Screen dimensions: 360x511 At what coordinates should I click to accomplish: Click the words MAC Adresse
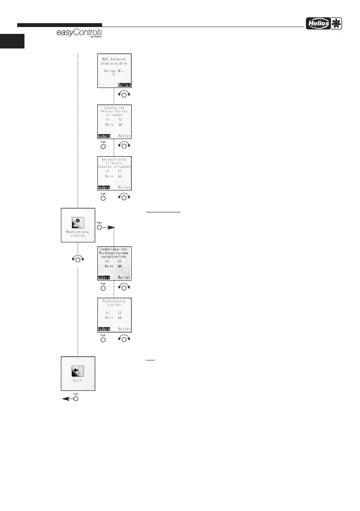click(x=114, y=58)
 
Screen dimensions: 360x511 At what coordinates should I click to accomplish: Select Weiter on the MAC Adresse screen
click(x=124, y=85)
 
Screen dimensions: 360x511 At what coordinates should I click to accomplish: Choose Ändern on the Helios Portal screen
click(x=103, y=136)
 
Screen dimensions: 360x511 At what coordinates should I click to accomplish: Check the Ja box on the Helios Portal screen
click(x=120, y=119)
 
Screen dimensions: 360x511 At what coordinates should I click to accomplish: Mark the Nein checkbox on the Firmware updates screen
click(x=120, y=176)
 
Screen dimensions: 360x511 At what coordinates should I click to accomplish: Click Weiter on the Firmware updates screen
click(x=124, y=187)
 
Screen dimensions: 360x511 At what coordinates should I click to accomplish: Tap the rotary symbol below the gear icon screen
click(x=78, y=258)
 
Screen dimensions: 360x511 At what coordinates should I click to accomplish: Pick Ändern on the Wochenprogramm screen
click(x=103, y=278)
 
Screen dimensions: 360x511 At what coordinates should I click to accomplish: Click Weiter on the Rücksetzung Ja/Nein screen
click(x=124, y=330)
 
